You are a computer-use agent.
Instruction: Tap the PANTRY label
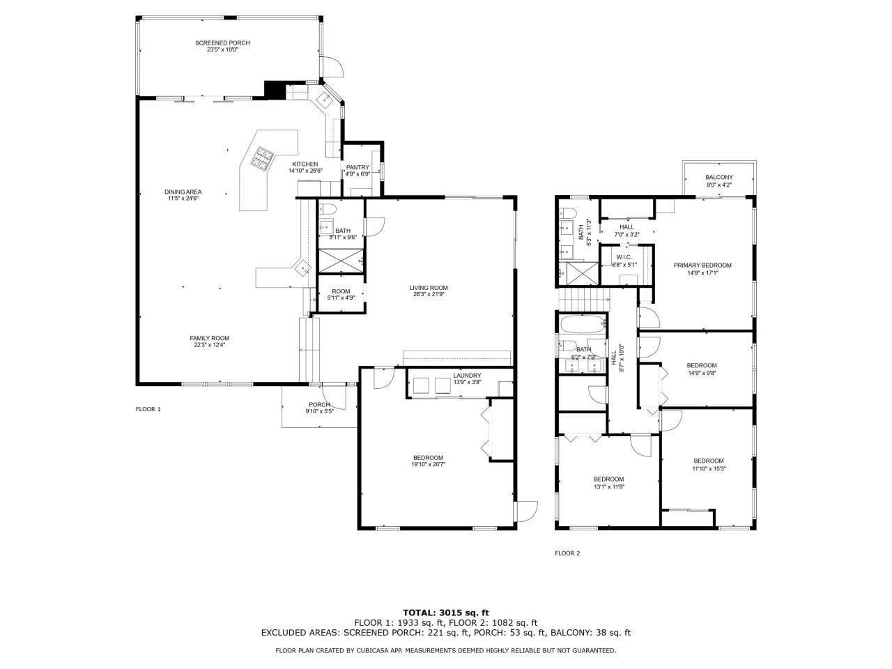click(357, 167)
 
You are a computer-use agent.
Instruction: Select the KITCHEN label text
click(305, 164)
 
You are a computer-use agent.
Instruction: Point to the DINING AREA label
click(183, 192)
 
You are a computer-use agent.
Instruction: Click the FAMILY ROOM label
click(210, 338)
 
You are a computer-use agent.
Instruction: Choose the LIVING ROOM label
click(429, 288)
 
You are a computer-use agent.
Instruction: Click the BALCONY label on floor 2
click(718, 177)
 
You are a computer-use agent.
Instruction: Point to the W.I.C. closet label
click(624, 257)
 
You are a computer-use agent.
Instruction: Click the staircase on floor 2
click(583, 300)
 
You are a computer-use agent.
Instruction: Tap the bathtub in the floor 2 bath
click(583, 325)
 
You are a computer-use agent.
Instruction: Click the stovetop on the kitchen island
click(264, 158)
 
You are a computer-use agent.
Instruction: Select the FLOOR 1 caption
click(148, 409)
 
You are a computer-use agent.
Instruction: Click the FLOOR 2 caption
click(567, 553)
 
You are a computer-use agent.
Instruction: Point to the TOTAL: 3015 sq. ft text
click(445, 613)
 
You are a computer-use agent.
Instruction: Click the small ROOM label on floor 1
click(341, 291)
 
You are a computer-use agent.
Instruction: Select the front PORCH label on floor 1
click(319, 405)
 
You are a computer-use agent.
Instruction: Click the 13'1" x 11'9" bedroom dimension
click(608, 486)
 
